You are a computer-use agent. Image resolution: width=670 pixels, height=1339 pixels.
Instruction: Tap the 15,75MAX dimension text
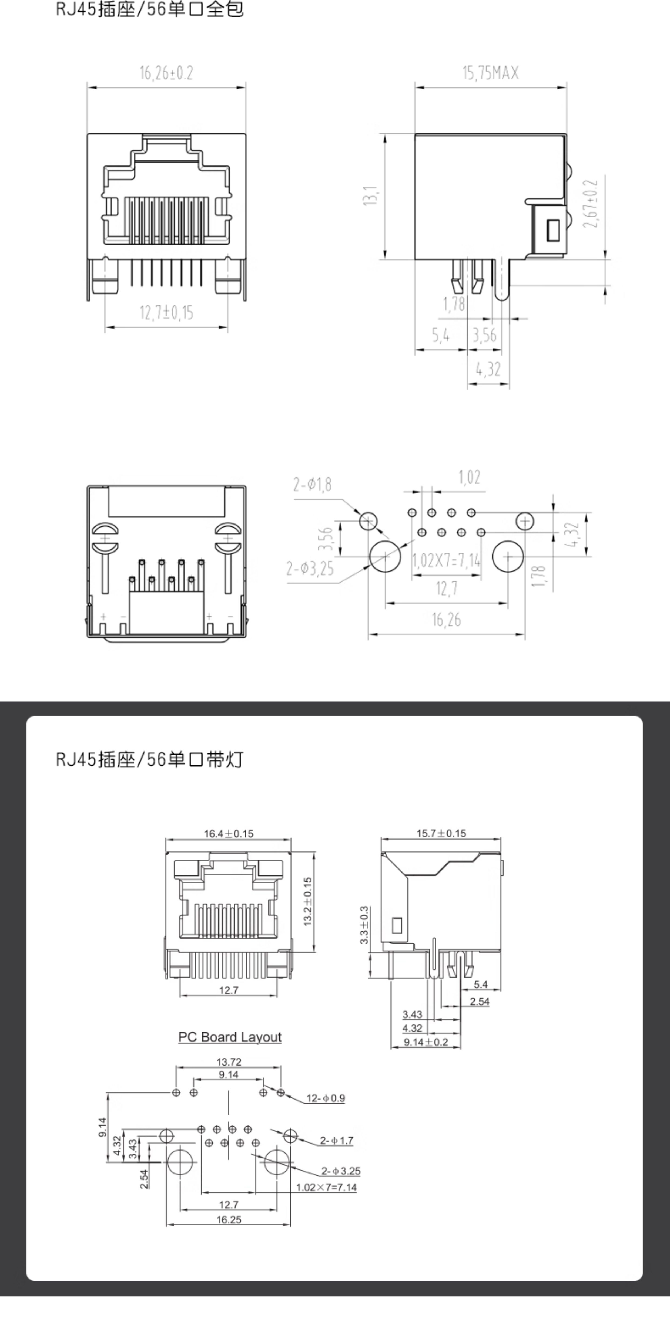point(491,73)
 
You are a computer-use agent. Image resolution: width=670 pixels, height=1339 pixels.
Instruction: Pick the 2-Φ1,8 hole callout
point(312,485)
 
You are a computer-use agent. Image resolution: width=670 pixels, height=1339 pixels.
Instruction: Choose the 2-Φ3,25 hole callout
point(310,569)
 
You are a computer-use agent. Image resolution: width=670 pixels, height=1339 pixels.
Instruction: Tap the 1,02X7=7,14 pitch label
point(446,560)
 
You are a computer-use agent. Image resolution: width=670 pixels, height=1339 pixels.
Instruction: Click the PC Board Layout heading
point(230,1037)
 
